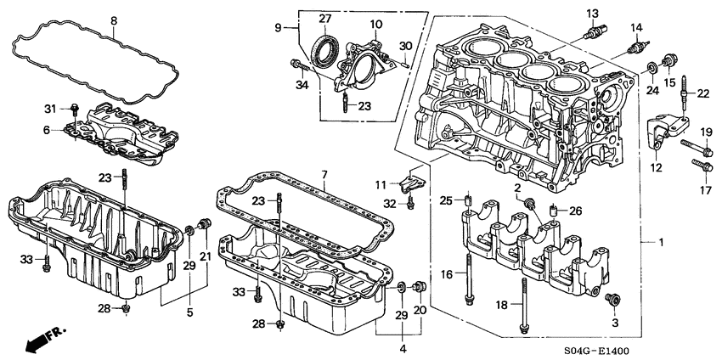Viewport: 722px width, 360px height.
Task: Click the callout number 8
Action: pyautogui.click(x=115, y=20)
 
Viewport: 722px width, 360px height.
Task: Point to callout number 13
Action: pyautogui.click(x=592, y=13)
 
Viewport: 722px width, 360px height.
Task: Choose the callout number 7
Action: pyautogui.click(x=324, y=175)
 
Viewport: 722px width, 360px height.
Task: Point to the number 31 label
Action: pyautogui.click(x=50, y=108)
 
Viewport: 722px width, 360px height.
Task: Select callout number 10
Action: pyautogui.click(x=375, y=24)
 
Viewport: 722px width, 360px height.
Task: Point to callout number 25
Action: pyautogui.click(x=447, y=200)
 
